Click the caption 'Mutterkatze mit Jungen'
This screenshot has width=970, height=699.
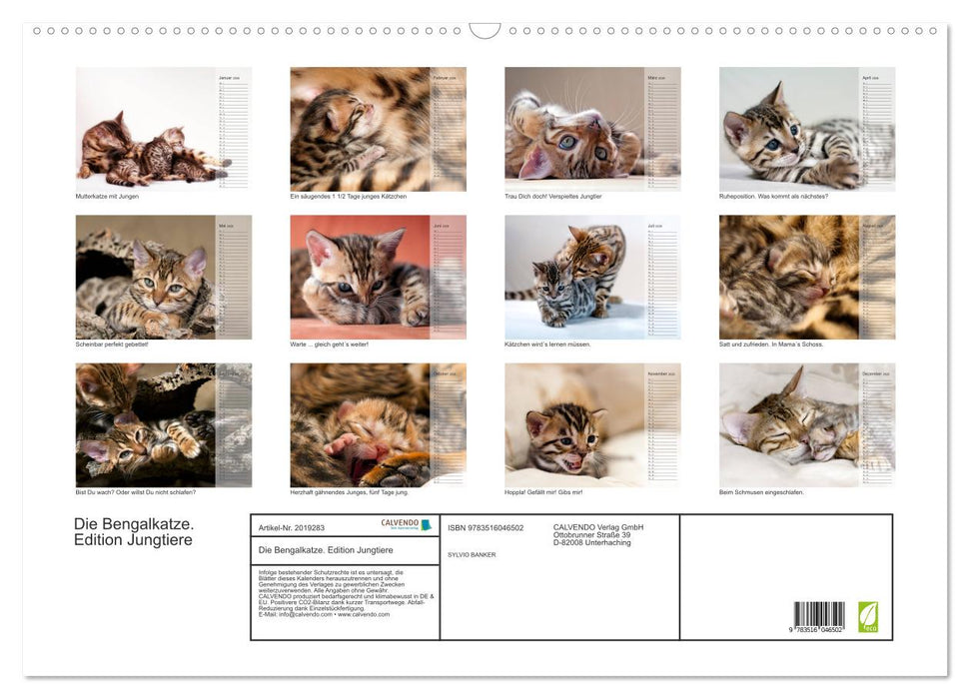coord(106,196)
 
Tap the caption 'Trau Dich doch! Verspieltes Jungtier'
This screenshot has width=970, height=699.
coord(552,196)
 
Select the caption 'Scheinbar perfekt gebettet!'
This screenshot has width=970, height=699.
coord(112,344)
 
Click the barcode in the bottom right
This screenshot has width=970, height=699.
coord(818,614)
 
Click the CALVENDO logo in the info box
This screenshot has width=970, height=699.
coord(406,524)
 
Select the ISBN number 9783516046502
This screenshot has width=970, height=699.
coord(485,527)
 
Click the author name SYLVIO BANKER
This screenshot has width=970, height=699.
coord(472,554)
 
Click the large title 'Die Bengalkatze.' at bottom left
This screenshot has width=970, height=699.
coord(134,523)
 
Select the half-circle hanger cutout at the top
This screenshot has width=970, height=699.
coord(485,31)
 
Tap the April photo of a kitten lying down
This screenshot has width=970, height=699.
coord(789,129)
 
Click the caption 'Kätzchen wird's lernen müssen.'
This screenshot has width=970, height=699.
coord(547,344)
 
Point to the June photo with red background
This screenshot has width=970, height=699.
coord(360,277)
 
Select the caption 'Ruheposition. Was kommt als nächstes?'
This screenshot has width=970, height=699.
coord(773,196)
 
